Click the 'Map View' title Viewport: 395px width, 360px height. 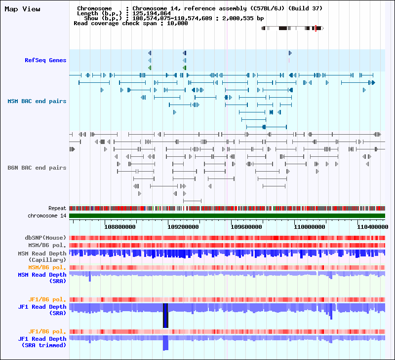[x=22, y=9]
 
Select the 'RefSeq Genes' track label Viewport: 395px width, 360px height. [x=45, y=60]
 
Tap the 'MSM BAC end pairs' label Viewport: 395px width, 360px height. [x=37, y=101]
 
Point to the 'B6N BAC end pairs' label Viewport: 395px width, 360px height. [x=37, y=168]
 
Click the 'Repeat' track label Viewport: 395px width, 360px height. [x=57, y=209]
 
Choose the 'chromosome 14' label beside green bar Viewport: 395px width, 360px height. [x=47, y=216]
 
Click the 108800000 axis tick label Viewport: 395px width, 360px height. [x=120, y=227]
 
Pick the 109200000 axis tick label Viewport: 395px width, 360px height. [x=183, y=227]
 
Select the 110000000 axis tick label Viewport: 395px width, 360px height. [x=310, y=227]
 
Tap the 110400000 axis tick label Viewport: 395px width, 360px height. [x=372, y=227]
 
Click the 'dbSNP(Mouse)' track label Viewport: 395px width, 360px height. [x=45, y=238]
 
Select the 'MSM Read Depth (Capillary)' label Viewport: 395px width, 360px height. [x=42, y=256]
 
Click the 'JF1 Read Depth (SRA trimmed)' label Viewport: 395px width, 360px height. [x=42, y=342]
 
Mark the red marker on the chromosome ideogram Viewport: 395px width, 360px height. [x=316, y=28]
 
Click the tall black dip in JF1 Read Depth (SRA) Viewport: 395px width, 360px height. [x=165, y=316]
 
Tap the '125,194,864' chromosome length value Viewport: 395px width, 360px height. [x=152, y=13]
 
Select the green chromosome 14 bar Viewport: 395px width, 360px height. [x=227, y=216]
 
